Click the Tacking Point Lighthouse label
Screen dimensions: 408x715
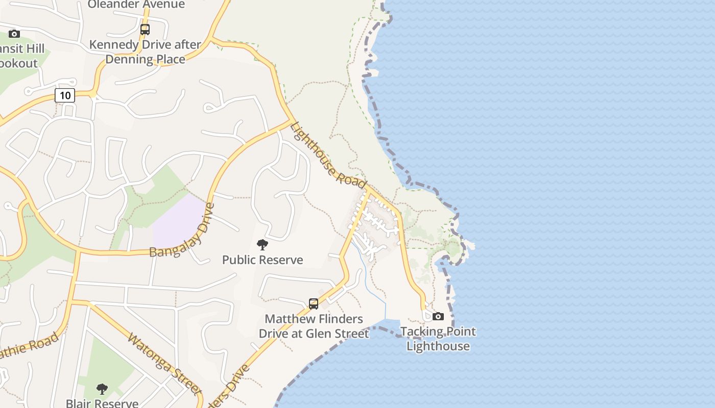click(438, 339)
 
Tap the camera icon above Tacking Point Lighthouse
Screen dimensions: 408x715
click(438, 316)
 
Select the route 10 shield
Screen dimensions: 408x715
click(65, 95)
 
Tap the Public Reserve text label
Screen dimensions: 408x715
click(263, 260)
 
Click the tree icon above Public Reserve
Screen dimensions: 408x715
click(263, 245)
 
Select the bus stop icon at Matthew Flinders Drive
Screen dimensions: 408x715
click(314, 304)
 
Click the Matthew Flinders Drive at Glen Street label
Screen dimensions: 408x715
click(314, 326)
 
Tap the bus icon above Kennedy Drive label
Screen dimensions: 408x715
click(145, 30)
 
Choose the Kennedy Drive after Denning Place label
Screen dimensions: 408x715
click(145, 52)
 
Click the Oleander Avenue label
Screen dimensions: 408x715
click(136, 5)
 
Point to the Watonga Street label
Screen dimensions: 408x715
click(164, 364)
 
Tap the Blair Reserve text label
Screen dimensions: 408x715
click(102, 403)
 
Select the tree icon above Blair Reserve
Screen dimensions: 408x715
click(102, 389)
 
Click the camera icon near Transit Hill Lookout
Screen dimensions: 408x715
click(14, 34)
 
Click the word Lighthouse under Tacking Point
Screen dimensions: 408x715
click(438, 346)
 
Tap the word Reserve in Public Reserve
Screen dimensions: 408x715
click(283, 260)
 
